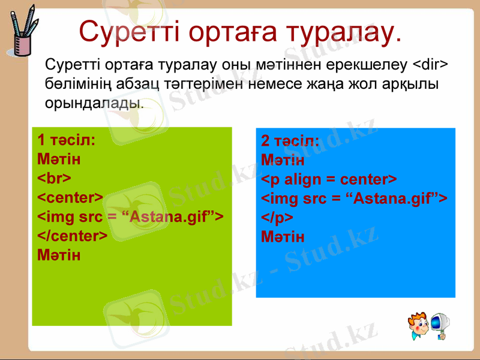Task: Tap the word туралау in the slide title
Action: coord(339,32)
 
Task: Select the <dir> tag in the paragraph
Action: coord(433,64)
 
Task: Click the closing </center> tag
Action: coord(73,236)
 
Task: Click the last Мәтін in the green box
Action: coord(59,255)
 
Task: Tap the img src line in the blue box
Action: coord(354,199)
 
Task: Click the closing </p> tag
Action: coord(277,218)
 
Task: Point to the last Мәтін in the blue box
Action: coord(283,237)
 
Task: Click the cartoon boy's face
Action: coord(418,324)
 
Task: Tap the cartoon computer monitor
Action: coord(441,324)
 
